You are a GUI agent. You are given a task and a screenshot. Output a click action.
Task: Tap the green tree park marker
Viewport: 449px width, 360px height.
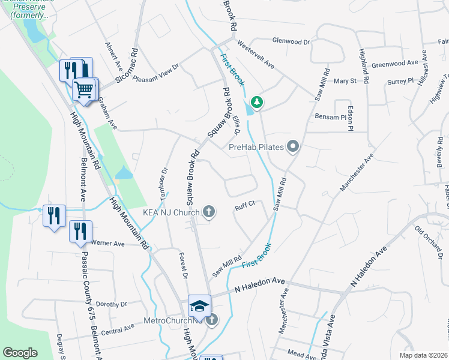tap(257, 102)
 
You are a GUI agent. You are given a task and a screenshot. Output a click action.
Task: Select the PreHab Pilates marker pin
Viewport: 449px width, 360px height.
tap(294, 146)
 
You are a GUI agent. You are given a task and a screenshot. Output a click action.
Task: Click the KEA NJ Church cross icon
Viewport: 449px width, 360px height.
tap(208, 211)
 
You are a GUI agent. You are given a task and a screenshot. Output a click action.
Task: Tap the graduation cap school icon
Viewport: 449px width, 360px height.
tap(199, 306)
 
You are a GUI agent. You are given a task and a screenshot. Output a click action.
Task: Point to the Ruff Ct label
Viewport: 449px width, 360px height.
tap(246, 204)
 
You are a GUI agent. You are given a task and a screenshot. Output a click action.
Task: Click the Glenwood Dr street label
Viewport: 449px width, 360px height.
tap(291, 42)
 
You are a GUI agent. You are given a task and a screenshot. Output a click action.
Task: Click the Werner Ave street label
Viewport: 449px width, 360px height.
tap(107, 244)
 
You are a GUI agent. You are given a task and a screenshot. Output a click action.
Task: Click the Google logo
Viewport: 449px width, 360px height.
tap(20, 353)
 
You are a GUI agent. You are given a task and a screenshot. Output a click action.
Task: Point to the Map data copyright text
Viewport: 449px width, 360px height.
tap(423, 353)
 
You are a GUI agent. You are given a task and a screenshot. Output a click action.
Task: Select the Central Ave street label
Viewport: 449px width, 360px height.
tap(118, 329)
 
